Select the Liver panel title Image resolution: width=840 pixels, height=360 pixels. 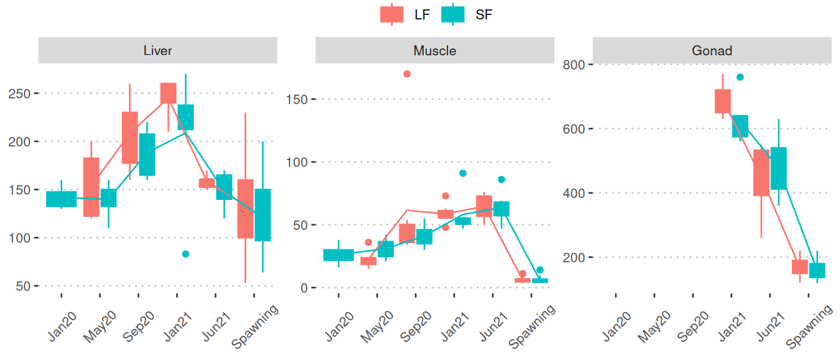pyautogui.click(x=157, y=51)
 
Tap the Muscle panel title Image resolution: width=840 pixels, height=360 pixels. pyautogui.click(x=434, y=51)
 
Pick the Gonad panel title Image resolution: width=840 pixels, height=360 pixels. pyautogui.click(x=712, y=51)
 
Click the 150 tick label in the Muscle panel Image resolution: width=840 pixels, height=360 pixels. pyautogui.click(x=298, y=99)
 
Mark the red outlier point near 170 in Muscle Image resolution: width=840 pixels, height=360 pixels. pyautogui.click(x=407, y=74)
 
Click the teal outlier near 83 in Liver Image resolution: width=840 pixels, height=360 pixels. pyautogui.click(x=186, y=254)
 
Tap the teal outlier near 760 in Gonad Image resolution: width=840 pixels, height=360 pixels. pyautogui.click(x=740, y=77)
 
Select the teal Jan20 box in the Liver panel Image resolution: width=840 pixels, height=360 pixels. pyautogui.click(x=61, y=199)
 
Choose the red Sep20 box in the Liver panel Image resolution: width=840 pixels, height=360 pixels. pyautogui.click(x=129, y=137)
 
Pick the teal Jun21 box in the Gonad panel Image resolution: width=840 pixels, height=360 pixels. pyautogui.click(x=779, y=168)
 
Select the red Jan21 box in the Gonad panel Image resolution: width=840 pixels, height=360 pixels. pyautogui.click(x=722, y=101)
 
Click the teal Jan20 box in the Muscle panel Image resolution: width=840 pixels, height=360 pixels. pyautogui.click(x=339, y=255)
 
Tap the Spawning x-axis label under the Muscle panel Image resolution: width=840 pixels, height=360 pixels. pyautogui.click(x=533, y=326)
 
